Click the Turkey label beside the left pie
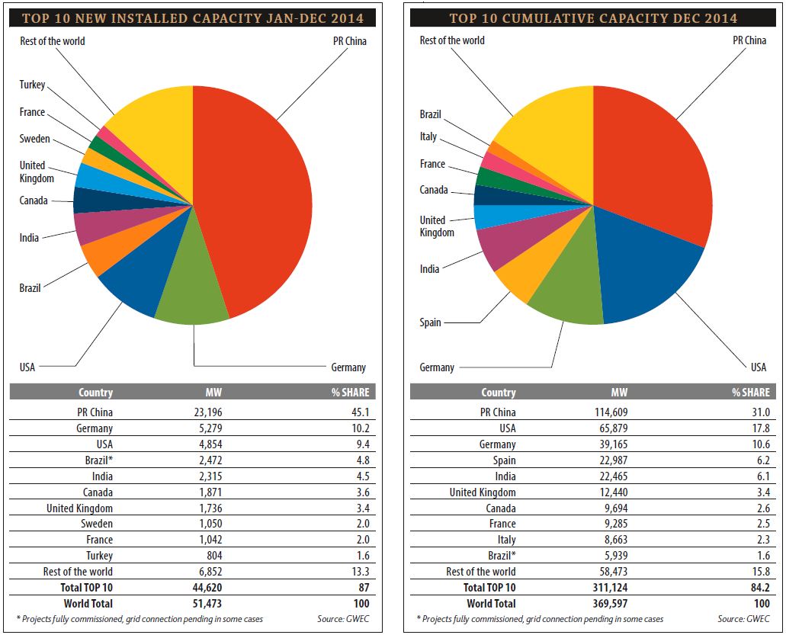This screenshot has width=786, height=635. point(33,85)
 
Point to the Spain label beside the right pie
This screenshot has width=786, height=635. point(431,322)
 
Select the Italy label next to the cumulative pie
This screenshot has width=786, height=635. point(428,136)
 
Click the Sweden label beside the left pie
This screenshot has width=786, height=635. point(35,139)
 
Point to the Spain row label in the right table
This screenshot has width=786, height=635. point(505,460)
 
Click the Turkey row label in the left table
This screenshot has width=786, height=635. point(98,556)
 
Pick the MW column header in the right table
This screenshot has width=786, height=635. point(619,393)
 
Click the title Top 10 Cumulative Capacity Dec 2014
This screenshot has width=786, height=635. point(593,18)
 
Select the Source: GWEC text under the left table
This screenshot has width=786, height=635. point(343,619)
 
